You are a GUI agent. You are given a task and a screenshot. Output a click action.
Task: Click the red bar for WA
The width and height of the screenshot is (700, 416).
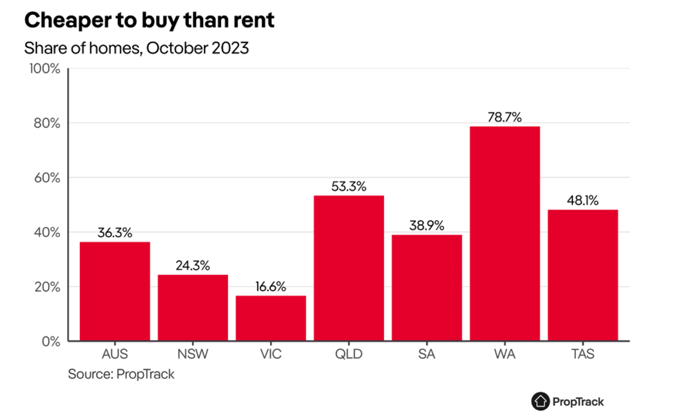pyautogui.click(x=505, y=234)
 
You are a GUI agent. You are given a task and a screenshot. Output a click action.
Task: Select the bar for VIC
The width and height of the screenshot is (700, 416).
pyautogui.click(x=271, y=318)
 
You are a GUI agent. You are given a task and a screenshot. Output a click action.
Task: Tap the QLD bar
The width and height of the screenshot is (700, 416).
pyautogui.click(x=349, y=268)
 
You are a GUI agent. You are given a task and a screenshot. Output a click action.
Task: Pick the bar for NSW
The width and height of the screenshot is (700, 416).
pyautogui.click(x=193, y=307)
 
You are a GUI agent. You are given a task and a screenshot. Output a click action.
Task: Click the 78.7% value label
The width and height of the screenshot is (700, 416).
pyautogui.click(x=505, y=117)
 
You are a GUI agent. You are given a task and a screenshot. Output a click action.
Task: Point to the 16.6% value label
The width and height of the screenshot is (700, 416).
pyautogui.click(x=271, y=287)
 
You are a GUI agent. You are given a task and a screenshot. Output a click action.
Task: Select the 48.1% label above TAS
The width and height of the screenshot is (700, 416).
pyautogui.click(x=583, y=200)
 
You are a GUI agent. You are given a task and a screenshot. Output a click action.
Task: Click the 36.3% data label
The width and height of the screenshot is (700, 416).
pyautogui.click(x=115, y=233)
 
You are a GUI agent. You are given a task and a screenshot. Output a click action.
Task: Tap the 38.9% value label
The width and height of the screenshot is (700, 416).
pyautogui.click(x=427, y=226)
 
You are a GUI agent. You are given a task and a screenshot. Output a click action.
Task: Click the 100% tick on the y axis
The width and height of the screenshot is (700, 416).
pyautogui.click(x=47, y=69)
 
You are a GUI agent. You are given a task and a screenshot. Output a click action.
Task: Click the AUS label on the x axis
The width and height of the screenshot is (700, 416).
pyautogui.click(x=115, y=355)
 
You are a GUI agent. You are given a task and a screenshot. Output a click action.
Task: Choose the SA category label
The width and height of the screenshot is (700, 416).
pyautogui.click(x=427, y=355)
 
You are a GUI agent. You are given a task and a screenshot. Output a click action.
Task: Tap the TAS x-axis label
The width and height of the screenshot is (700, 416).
pyautogui.click(x=583, y=355)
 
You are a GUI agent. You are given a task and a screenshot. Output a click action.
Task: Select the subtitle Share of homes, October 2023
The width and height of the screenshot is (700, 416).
pyautogui.click(x=137, y=49)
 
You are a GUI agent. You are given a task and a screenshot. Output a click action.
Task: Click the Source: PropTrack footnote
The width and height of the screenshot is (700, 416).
pyautogui.click(x=121, y=374)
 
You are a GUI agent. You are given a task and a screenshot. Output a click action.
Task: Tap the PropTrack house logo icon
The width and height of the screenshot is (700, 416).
pyautogui.click(x=540, y=401)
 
